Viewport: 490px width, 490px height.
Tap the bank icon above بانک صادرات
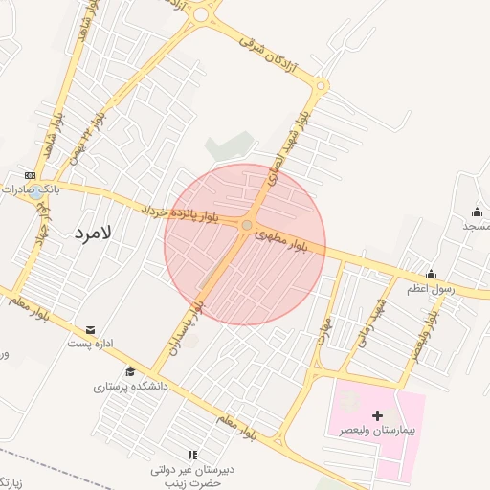[31, 175]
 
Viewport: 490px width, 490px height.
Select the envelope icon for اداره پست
[91, 329]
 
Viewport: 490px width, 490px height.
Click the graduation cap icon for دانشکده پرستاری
[130, 372]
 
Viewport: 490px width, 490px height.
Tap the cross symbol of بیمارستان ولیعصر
[377, 415]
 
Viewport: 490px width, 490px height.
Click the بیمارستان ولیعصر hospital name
[377, 431]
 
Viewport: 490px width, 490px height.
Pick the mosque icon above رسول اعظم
[431, 274]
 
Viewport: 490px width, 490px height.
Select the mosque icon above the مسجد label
[477, 212]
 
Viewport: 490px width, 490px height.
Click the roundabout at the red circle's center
[247, 225]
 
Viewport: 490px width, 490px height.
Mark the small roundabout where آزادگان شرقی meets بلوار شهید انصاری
[320, 86]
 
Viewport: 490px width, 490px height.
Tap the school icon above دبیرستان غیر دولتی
[192, 456]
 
